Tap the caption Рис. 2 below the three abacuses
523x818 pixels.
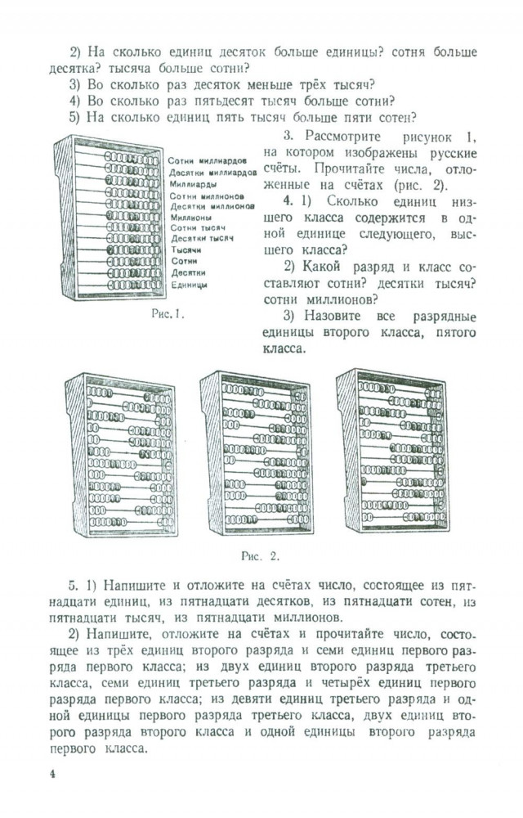[x=261, y=556]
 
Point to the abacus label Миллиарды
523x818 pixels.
[x=190, y=184]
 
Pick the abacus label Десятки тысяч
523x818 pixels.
[x=202, y=239]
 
